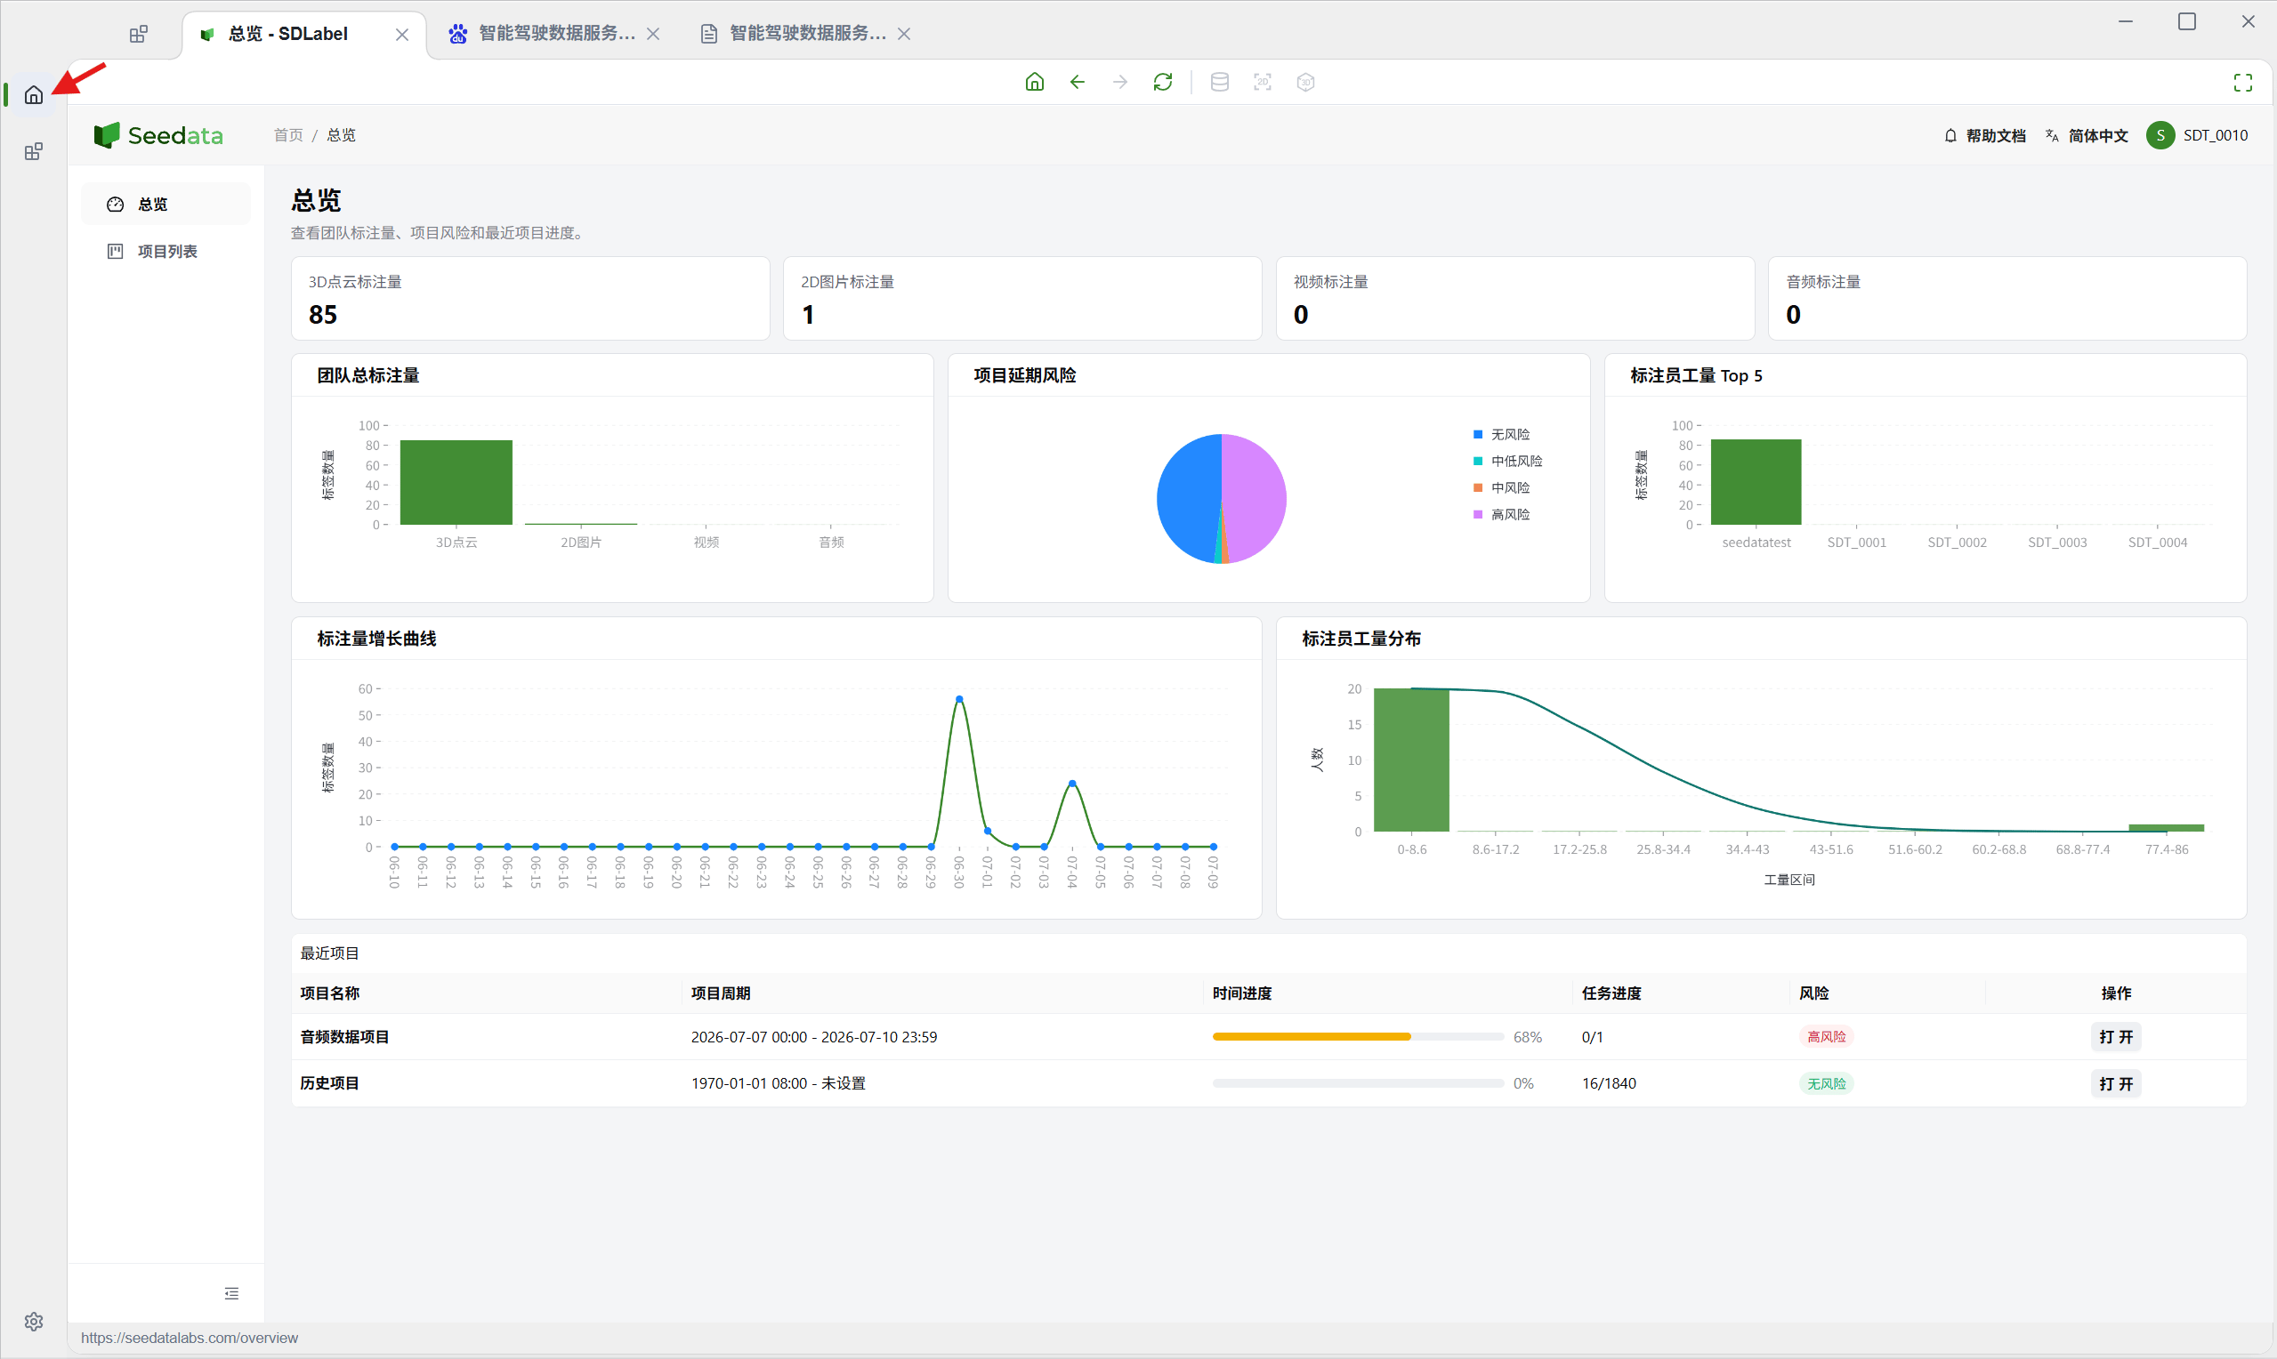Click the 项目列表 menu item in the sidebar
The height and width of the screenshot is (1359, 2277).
tap(166, 251)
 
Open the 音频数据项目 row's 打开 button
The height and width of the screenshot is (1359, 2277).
tap(2116, 1037)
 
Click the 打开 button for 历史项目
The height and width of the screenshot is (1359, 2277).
tap(2116, 1083)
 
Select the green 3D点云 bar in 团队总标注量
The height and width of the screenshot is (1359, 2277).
tap(456, 483)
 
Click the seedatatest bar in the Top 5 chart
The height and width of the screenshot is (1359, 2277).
tap(1756, 483)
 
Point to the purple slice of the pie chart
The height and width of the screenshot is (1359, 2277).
tap(1255, 497)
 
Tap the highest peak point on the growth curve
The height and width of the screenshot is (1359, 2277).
tap(959, 699)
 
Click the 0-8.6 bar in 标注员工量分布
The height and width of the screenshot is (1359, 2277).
tap(1411, 760)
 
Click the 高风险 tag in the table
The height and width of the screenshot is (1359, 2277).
tap(1827, 1037)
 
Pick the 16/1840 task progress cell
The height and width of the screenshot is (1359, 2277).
tap(1609, 1083)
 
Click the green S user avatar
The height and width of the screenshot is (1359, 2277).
tap(2160, 135)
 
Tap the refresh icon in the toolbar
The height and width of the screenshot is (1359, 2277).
tap(1163, 83)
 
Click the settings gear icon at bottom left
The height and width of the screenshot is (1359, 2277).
tap(34, 1322)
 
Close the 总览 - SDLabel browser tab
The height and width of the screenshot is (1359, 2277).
tap(402, 35)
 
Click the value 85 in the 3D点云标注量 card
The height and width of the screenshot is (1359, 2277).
tap(322, 315)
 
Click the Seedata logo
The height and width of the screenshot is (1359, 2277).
tap(158, 135)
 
